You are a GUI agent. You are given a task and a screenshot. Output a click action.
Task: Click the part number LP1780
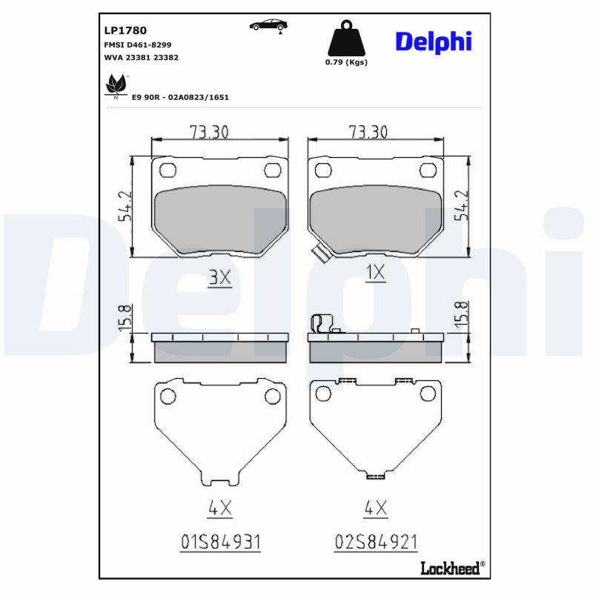[x=126, y=31]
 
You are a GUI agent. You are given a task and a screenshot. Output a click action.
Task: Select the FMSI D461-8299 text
[x=136, y=45]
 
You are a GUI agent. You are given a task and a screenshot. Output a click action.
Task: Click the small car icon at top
[x=268, y=26]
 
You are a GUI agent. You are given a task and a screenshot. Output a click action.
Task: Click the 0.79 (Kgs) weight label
[x=346, y=62]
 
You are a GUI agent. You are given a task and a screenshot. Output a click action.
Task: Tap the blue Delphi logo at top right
[x=433, y=42]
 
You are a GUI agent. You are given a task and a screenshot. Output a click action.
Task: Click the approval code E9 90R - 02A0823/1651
[x=180, y=97]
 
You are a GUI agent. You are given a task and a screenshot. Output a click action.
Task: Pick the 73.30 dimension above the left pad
[x=208, y=132]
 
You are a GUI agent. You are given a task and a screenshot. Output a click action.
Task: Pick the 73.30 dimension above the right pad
[x=368, y=132]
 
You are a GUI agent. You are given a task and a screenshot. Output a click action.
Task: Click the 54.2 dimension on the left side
[x=125, y=206]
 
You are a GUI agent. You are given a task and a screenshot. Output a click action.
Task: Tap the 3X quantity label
[x=220, y=276]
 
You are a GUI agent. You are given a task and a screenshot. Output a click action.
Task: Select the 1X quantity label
[x=376, y=274]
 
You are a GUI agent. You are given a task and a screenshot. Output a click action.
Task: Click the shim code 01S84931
[x=220, y=542]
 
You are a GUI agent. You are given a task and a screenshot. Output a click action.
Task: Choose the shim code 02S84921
[x=377, y=542]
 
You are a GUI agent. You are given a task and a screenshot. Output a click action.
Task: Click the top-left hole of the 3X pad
[x=168, y=170]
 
